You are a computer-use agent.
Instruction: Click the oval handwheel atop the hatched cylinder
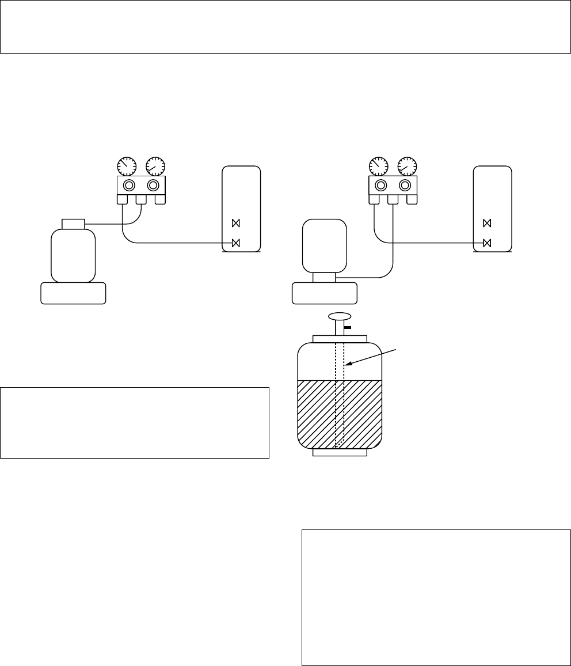click(x=340, y=316)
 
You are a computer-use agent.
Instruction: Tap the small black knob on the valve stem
click(x=347, y=327)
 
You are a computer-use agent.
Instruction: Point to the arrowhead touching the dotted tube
click(x=347, y=364)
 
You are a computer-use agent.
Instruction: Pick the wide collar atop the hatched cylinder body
click(x=340, y=339)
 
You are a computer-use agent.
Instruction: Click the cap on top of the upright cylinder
click(x=73, y=223)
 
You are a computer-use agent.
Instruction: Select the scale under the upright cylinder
click(x=73, y=293)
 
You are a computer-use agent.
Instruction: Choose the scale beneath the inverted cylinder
click(x=324, y=293)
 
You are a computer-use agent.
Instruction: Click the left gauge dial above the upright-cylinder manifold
click(x=127, y=166)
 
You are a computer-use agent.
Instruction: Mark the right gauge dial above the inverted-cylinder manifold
click(x=407, y=166)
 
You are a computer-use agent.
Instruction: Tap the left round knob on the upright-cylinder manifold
click(x=129, y=186)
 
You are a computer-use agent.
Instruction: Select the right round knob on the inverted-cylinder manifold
click(x=405, y=186)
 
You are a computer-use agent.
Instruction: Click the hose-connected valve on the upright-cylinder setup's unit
click(x=235, y=243)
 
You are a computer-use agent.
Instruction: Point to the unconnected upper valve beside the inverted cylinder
click(x=487, y=223)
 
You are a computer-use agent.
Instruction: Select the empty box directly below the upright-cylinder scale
click(x=135, y=422)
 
